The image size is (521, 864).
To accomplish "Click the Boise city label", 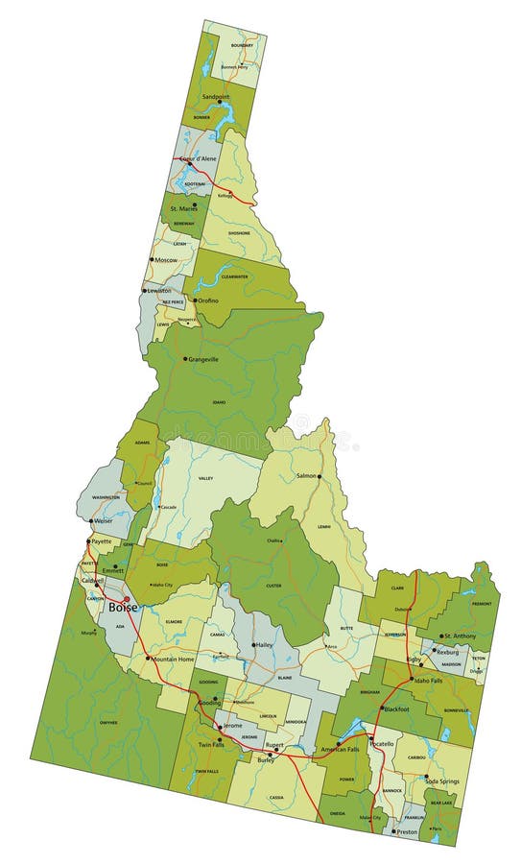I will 122,608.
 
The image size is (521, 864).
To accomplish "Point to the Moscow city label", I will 166,259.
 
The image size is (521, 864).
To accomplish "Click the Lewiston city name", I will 158,290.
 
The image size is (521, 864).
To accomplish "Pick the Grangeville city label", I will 203,359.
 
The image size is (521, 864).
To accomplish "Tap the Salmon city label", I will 306,476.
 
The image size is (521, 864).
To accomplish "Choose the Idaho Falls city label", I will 428,680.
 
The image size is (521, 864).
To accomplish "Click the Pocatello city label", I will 382,744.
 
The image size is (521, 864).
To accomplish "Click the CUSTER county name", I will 273,585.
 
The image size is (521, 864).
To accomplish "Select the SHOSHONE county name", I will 239,233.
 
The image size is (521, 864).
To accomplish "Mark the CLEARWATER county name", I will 234,276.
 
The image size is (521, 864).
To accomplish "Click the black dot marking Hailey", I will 253,645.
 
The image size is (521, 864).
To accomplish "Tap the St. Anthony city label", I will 460,636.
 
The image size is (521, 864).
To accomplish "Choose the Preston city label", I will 407,832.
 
